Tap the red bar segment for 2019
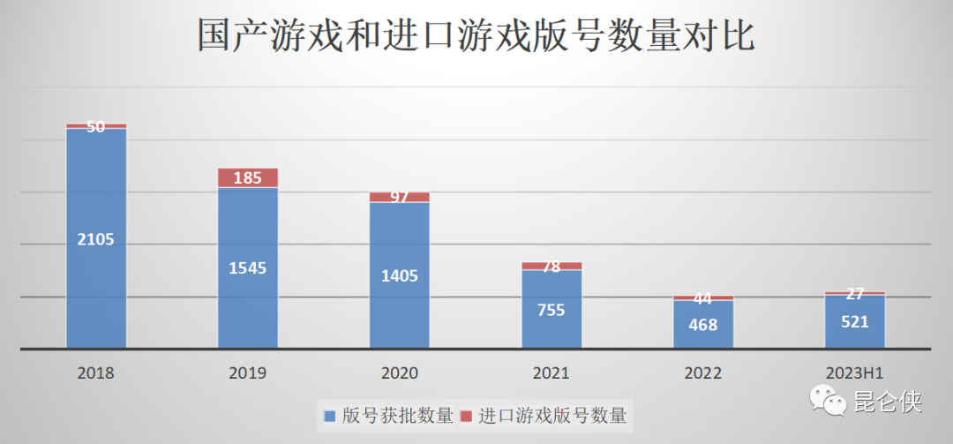point(248,177)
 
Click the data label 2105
point(96,239)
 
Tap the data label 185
point(248,178)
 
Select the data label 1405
point(400,275)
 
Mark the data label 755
point(552,310)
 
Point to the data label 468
point(703,324)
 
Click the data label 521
point(855,322)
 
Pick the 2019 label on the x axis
point(248,373)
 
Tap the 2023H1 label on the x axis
point(855,373)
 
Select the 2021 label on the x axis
point(552,373)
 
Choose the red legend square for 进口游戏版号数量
point(467,415)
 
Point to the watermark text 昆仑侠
point(888,403)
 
